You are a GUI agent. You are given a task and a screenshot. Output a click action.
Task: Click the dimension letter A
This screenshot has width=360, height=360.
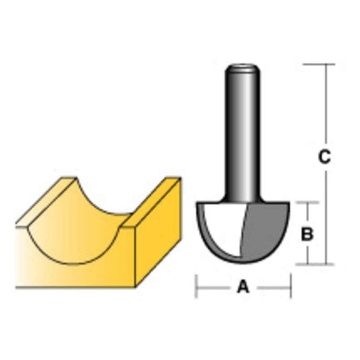[x=243, y=286]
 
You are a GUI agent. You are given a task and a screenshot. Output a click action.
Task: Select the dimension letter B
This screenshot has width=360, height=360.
[x=307, y=234]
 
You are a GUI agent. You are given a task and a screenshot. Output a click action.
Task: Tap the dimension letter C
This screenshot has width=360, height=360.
[x=324, y=157]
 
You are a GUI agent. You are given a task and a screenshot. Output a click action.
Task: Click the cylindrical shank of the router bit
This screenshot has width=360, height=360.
[x=243, y=135]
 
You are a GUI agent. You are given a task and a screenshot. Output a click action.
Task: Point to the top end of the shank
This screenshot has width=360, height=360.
[x=243, y=67]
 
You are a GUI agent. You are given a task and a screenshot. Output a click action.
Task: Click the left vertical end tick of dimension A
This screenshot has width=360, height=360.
[x=196, y=286]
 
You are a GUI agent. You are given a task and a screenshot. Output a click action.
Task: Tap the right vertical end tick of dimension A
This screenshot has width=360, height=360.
[x=291, y=286]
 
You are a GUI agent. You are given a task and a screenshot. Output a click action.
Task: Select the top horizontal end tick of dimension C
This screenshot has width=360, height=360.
[x=319, y=64]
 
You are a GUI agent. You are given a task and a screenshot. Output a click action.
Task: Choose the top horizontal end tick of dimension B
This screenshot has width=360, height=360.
[x=307, y=202]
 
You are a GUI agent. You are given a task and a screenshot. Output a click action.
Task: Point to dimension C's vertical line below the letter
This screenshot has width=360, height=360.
[x=324, y=216]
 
